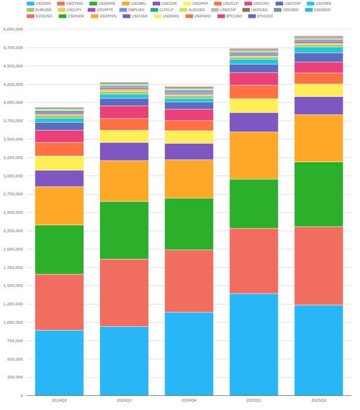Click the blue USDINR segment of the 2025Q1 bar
pos(254,344)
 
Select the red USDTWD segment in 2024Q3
pos(124,293)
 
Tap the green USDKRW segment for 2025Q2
pos(318,194)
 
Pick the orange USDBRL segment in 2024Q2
pos(59,206)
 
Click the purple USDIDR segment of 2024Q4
pos(189,152)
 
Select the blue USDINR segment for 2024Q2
pos(59,363)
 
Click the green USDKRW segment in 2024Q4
pos(189,224)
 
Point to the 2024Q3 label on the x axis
pos(124,401)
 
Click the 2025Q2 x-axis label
pos(318,401)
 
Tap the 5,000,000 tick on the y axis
pos(13,29)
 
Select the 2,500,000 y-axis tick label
pos(13,213)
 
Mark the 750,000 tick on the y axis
pos(15,341)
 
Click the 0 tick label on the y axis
pos(22,395)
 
